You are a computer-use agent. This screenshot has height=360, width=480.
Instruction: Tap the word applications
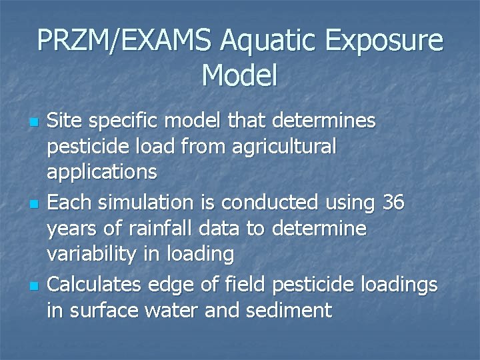102,173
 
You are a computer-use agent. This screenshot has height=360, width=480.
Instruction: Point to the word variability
94,254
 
